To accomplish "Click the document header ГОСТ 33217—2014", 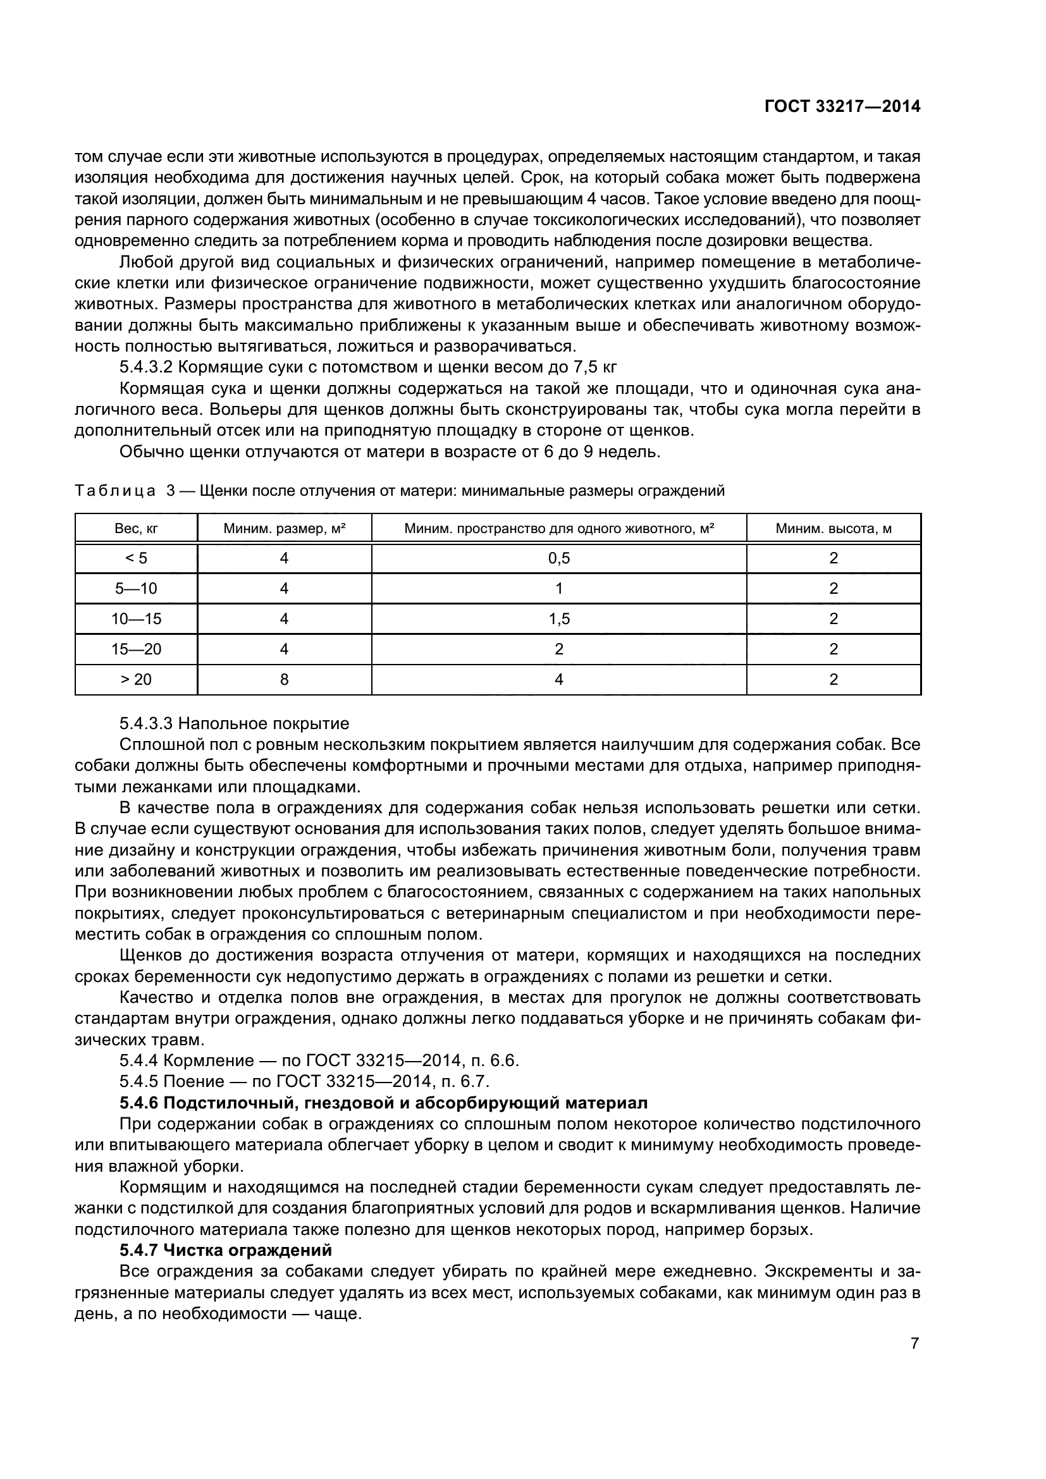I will [842, 106].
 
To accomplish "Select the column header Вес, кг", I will [136, 529].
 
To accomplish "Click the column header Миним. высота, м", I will [833, 529].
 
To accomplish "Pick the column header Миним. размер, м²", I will [284, 529].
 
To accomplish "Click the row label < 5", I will [136, 558].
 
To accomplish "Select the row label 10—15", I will [136, 619].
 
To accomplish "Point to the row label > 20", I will [136, 680].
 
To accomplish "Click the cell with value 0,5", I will [558, 558].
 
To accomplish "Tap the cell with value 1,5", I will [558, 619].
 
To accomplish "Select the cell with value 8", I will [284, 680].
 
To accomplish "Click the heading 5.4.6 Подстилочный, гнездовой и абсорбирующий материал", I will [383, 1103].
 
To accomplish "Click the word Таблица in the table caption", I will [114, 491].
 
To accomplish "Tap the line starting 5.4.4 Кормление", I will [319, 1060].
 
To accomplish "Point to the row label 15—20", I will [136, 649].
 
